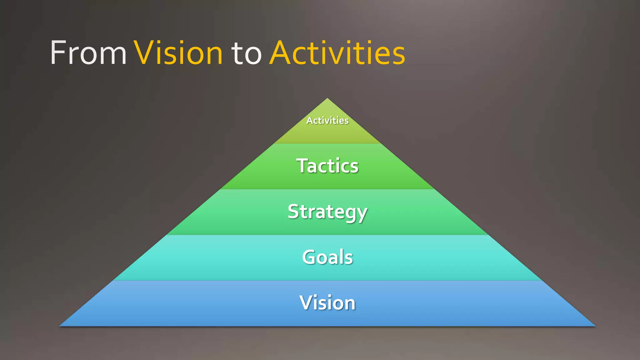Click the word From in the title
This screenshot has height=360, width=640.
tap(88, 53)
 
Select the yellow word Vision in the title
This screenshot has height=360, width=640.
tap(178, 53)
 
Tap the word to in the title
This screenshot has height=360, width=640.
tap(246, 54)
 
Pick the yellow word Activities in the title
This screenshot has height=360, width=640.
tap(337, 53)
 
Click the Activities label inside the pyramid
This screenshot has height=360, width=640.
tap(327, 121)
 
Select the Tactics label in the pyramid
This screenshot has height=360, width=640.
tap(327, 166)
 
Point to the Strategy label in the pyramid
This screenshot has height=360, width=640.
tap(327, 212)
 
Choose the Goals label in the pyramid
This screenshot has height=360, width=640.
tap(327, 257)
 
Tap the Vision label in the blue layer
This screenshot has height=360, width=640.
tap(327, 302)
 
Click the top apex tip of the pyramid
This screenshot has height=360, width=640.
tap(327, 99)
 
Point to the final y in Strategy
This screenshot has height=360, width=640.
tap(362, 214)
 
